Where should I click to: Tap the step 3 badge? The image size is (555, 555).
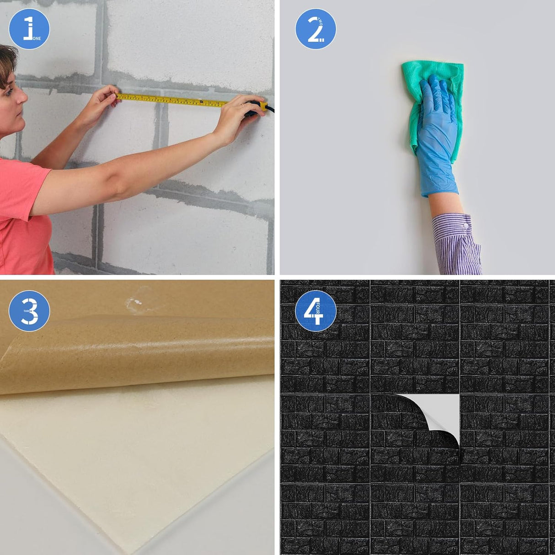pyautogui.click(x=29, y=311)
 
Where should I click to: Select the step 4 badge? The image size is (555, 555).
pyautogui.click(x=315, y=311)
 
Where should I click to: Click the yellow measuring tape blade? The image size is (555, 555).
pyautogui.click(x=174, y=100)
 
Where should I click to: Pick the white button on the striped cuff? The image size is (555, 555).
pyautogui.click(x=465, y=226)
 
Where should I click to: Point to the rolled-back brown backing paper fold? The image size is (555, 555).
pyautogui.click(x=137, y=361)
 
